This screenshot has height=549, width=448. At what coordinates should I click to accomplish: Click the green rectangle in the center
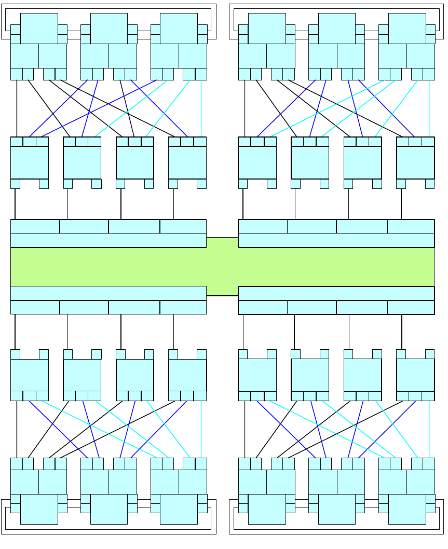pos(222,266)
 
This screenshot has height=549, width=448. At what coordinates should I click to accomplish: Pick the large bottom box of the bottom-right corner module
pos(406,509)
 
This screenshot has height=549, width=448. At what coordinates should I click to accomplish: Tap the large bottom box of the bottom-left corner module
pos(39,509)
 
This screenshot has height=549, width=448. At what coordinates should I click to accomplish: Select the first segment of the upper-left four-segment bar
pos(35,226)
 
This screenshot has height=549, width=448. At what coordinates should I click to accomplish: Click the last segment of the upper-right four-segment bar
pos(411,226)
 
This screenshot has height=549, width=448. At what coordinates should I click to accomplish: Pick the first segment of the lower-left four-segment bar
pos(35,307)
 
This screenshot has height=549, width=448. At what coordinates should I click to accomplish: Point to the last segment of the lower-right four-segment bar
pos(411,307)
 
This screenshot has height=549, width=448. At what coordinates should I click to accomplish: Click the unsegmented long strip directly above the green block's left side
pos(108,240)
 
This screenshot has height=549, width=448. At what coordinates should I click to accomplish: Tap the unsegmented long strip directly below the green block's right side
pos(336,293)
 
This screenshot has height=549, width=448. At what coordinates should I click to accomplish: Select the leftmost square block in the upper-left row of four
pos(30,162)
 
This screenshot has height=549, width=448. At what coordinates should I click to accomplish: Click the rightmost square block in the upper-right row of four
pos(415,162)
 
